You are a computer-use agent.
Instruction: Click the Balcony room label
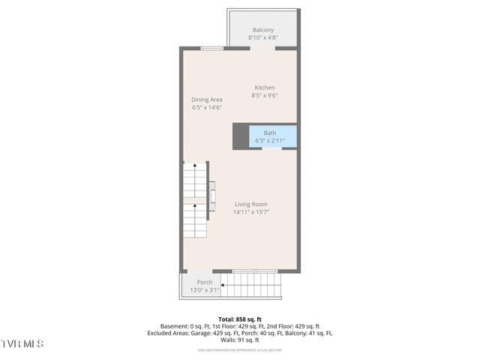(262, 30)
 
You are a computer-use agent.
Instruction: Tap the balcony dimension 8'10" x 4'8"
(262, 37)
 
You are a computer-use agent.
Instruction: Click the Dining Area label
(206, 100)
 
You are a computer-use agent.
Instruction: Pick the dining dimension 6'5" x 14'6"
(206, 107)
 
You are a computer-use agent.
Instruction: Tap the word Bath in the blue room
(269, 133)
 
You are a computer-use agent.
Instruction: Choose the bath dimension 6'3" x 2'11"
(269, 140)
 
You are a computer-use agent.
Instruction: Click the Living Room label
(250, 204)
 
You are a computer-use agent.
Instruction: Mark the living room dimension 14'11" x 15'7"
(250, 211)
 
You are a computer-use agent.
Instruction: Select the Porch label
(205, 283)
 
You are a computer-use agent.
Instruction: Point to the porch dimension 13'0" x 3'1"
(205, 290)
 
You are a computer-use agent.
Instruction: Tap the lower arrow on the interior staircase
(195, 204)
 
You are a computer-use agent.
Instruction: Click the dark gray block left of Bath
(241, 136)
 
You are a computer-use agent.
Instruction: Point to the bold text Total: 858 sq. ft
(240, 319)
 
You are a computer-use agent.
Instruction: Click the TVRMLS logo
(22, 344)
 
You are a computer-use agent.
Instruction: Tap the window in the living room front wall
(254, 271)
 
